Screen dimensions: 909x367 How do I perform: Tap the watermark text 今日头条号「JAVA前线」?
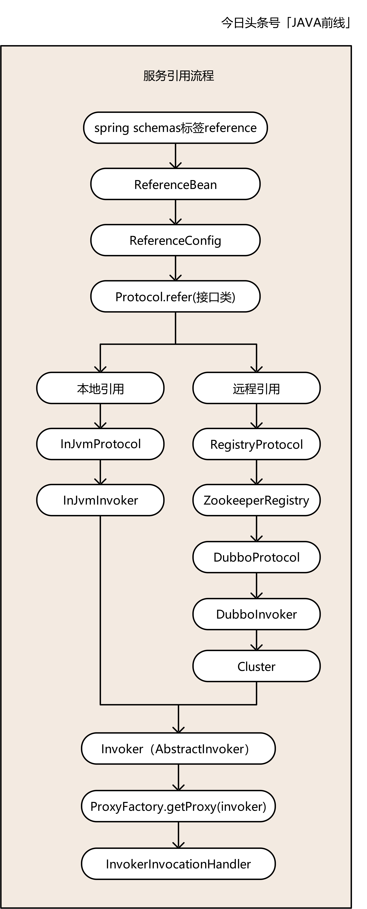click(286, 23)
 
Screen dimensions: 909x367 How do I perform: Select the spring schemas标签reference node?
click(175, 128)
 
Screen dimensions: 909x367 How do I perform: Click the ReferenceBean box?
click(175, 184)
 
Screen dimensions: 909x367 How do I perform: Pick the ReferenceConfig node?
click(175, 240)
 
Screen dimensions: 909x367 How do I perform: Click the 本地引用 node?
click(100, 388)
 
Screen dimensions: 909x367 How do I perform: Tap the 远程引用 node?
click(256, 388)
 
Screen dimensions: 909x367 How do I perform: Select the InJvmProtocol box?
click(100, 444)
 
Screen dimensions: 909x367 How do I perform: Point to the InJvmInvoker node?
click(100, 500)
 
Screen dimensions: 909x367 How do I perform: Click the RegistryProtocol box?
click(256, 444)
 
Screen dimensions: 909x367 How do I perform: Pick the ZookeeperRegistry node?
click(256, 500)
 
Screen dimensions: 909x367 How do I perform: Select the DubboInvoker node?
click(256, 614)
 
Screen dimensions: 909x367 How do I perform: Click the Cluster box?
click(256, 666)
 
